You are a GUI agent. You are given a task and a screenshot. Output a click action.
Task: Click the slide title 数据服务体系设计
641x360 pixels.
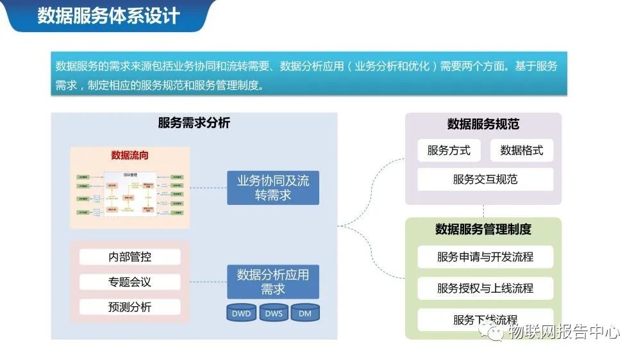(108, 15)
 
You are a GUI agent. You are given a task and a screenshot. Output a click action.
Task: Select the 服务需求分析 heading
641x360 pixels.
(194, 123)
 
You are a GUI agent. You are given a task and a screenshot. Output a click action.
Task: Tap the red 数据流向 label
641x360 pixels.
(130, 156)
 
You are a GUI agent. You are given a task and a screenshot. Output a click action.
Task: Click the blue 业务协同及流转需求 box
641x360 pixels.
(273, 188)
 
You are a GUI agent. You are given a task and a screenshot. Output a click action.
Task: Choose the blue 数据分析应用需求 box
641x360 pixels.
(273, 281)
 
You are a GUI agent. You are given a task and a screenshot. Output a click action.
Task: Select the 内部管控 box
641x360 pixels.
(130, 257)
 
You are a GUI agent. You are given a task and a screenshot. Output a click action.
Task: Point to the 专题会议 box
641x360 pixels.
(130, 282)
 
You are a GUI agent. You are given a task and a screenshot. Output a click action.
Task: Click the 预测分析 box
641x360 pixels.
(130, 307)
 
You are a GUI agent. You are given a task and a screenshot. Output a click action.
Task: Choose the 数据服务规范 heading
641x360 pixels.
(483, 124)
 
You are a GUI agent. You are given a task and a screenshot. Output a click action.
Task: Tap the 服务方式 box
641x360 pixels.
(449, 151)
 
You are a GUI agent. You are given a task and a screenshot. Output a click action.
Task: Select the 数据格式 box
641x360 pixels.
(522, 151)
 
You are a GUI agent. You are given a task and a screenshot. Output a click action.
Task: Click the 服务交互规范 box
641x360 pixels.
(485, 179)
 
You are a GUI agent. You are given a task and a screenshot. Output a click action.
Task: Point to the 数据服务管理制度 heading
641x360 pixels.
(483, 229)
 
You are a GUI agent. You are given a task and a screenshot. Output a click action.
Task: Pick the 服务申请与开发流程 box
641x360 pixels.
(485, 257)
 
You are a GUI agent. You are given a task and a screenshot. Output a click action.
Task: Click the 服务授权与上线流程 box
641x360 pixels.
(485, 288)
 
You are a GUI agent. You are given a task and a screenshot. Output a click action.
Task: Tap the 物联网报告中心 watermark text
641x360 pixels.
(563, 332)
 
